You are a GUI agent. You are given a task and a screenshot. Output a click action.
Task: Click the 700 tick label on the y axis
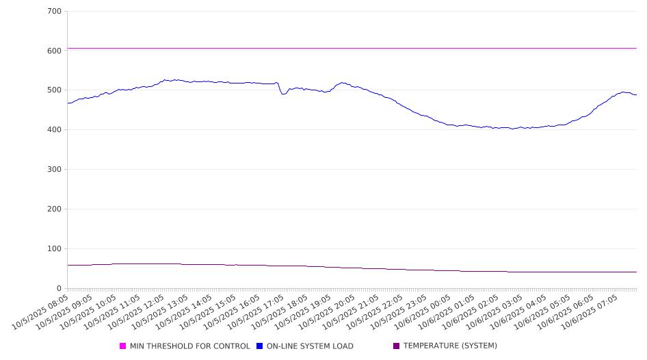(54, 12)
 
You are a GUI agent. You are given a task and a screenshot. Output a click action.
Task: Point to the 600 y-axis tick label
(54, 51)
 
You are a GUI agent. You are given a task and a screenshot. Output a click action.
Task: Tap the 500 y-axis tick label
(54, 90)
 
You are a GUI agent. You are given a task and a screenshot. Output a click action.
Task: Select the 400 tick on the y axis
(54, 130)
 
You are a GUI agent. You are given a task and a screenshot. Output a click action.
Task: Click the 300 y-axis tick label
(54, 170)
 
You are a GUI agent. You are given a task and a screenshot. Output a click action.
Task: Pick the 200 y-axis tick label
(54, 209)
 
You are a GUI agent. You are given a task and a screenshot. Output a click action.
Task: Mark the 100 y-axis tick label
(54, 249)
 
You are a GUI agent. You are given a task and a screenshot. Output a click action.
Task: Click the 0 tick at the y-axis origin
(59, 289)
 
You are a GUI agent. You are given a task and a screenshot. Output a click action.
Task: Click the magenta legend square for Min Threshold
(123, 346)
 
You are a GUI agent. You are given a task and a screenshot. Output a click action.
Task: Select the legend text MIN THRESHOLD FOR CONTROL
(189, 346)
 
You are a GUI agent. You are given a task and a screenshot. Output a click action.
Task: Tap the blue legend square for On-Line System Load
(260, 346)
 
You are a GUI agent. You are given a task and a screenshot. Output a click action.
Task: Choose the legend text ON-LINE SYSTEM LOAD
(310, 346)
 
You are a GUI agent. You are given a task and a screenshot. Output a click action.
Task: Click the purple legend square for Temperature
(396, 346)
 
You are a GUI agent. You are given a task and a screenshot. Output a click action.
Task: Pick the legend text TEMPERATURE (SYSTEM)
(450, 346)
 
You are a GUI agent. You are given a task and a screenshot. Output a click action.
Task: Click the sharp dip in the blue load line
(283, 94)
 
